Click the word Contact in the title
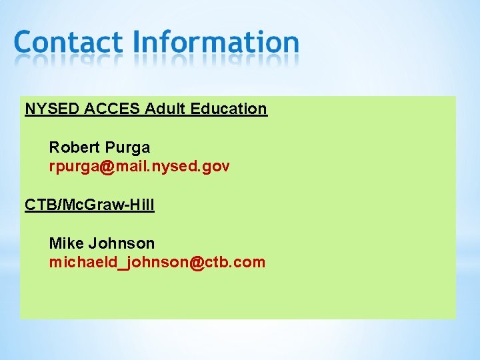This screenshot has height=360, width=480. pos(68,42)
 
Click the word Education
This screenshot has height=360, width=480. pos(229,109)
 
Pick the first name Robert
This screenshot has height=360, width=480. pos(73,147)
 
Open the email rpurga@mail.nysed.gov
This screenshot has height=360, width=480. pos(139,167)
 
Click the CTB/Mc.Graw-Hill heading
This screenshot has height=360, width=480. pos(89,205)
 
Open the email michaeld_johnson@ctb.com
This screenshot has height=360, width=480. pos(157,263)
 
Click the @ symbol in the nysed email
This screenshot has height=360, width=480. pos(107,167)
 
